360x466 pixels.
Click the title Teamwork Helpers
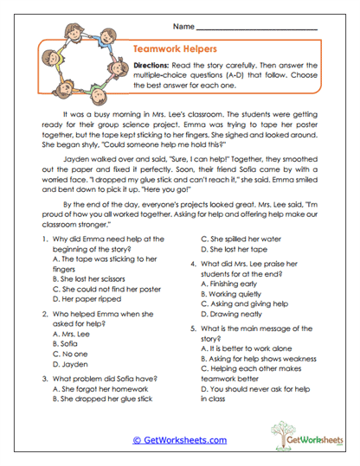(174, 50)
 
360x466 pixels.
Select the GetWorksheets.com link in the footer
(180, 439)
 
